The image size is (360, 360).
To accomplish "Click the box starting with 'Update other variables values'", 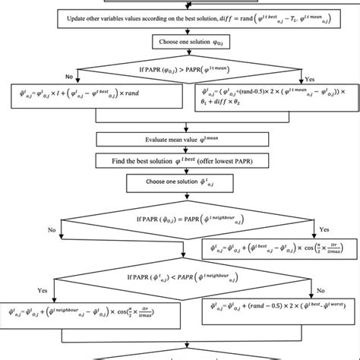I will coord(180,21).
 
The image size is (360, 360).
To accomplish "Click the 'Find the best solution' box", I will coord(179,161).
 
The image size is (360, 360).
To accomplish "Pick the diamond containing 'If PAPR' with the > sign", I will coord(179,72).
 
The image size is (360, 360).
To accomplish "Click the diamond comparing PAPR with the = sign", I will coord(179,217).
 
